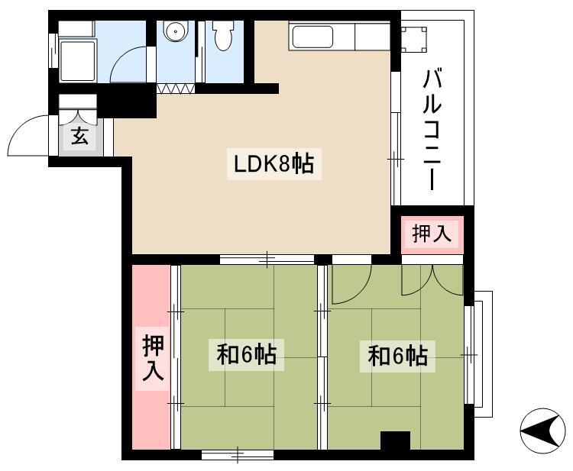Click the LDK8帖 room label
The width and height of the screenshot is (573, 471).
[274, 164]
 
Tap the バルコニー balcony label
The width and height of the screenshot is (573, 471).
[432, 129]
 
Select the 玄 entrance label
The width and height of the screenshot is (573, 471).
[79, 136]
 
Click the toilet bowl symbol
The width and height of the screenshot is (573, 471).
[224, 35]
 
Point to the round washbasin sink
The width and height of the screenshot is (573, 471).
[176, 31]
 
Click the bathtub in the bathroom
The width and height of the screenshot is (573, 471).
[78, 61]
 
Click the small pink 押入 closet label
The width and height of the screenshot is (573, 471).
[432, 234]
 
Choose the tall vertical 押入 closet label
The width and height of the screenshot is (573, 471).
[153, 358]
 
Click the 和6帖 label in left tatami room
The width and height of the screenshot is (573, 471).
[247, 354]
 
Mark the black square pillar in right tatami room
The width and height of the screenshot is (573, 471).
[396, 440]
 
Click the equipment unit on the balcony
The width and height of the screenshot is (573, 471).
[413, 40]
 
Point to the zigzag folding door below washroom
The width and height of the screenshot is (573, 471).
[176, 89]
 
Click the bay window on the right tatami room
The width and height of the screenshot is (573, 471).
[479, 354]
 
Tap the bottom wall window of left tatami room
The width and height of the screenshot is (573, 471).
[238, 455]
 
